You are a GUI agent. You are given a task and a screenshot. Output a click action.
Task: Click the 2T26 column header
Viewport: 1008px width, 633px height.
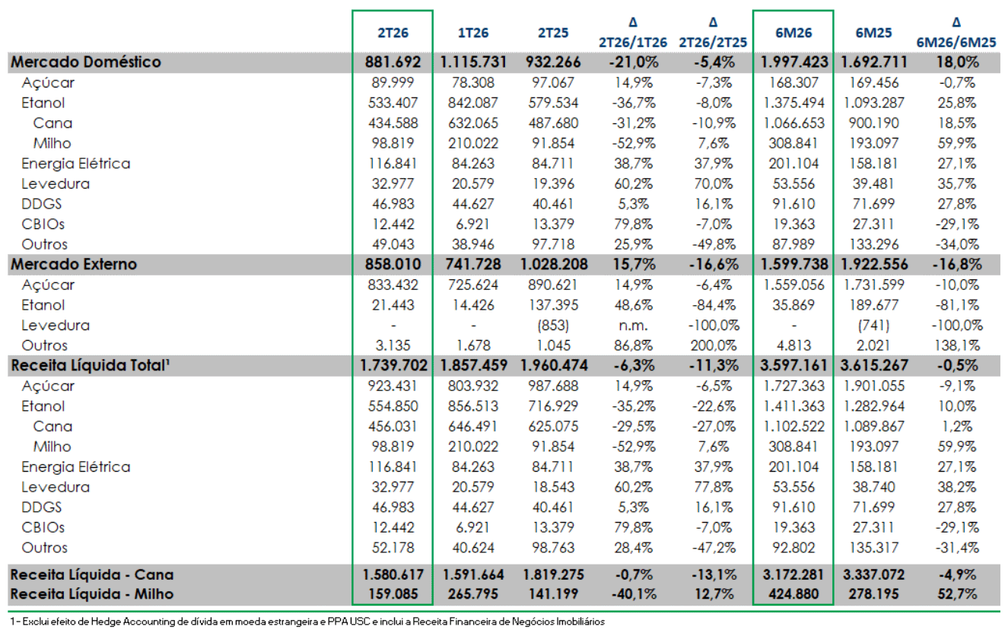393,33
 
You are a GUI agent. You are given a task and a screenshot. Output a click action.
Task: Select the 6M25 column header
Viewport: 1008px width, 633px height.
873,33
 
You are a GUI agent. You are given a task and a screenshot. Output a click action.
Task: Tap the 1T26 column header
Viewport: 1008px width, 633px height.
473,33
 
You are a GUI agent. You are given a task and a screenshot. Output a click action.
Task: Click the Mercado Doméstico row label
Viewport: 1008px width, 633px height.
86,62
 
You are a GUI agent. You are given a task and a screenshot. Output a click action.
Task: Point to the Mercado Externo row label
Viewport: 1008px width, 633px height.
74,264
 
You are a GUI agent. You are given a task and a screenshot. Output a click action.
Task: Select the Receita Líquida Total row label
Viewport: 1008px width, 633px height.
90,365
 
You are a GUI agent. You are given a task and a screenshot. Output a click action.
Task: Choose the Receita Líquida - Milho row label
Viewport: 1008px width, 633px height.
92,594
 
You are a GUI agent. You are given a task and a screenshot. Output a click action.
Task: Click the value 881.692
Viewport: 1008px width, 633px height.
393,62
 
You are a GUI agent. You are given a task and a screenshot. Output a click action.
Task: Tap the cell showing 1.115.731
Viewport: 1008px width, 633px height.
473,62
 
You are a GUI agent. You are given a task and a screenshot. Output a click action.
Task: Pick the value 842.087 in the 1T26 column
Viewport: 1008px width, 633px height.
473,103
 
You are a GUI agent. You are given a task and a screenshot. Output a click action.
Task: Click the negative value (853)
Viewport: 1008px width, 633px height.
553,326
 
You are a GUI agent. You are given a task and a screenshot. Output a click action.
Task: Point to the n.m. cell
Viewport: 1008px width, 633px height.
633,326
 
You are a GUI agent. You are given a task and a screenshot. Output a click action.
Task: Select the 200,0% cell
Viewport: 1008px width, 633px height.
714,345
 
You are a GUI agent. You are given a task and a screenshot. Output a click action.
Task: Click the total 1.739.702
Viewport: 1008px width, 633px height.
393,365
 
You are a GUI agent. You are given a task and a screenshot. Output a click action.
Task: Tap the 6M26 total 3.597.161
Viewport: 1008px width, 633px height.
793,365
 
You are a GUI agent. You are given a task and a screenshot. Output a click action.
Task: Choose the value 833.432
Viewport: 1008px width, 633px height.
393,285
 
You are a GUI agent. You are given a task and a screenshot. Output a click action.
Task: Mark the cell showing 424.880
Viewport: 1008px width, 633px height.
793,594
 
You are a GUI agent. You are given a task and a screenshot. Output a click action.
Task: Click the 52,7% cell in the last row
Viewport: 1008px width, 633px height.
957,594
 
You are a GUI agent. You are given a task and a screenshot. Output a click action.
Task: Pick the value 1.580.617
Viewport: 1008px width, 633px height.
393,574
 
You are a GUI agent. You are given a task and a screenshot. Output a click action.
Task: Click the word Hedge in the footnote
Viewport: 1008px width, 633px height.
106,622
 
